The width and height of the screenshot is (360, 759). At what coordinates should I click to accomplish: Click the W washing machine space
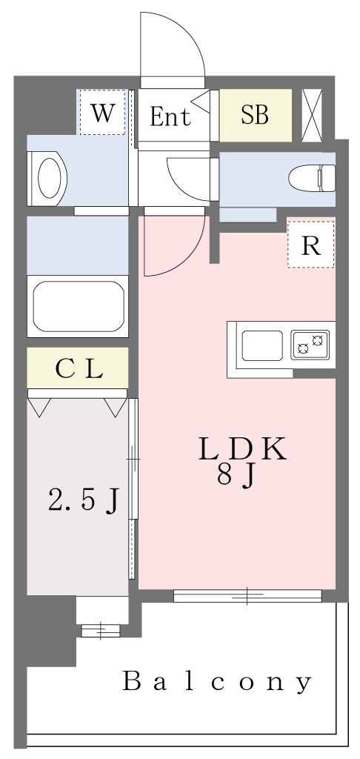pyautogui.click(x=102, y=113)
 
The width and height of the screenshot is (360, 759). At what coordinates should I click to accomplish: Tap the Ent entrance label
pyautogui.click(x=170, y=116)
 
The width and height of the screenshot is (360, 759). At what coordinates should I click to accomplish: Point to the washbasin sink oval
pyautogui.click(x=50, y=178)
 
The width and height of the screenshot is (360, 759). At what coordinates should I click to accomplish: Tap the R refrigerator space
pyautogui.click(x=310, y=245)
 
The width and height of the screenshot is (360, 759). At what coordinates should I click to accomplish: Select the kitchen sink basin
pyautogui.click(x=262, y=345)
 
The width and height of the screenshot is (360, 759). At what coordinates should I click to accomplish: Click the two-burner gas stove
pyautogui.click(x=310, y=345)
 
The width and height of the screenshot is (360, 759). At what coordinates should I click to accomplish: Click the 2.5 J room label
pyautogui.click(x=83, y=500)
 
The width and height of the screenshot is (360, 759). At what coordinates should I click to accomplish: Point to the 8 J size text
pyautogui.click(x=236, y=477)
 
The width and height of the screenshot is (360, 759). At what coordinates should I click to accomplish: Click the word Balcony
pyautogui.click(x=217, y=682)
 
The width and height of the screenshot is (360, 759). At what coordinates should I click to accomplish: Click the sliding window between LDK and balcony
pyautogui.click(x=247, y=595)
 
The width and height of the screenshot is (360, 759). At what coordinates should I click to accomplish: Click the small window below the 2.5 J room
pyautogui.click(x=100, y=630)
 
